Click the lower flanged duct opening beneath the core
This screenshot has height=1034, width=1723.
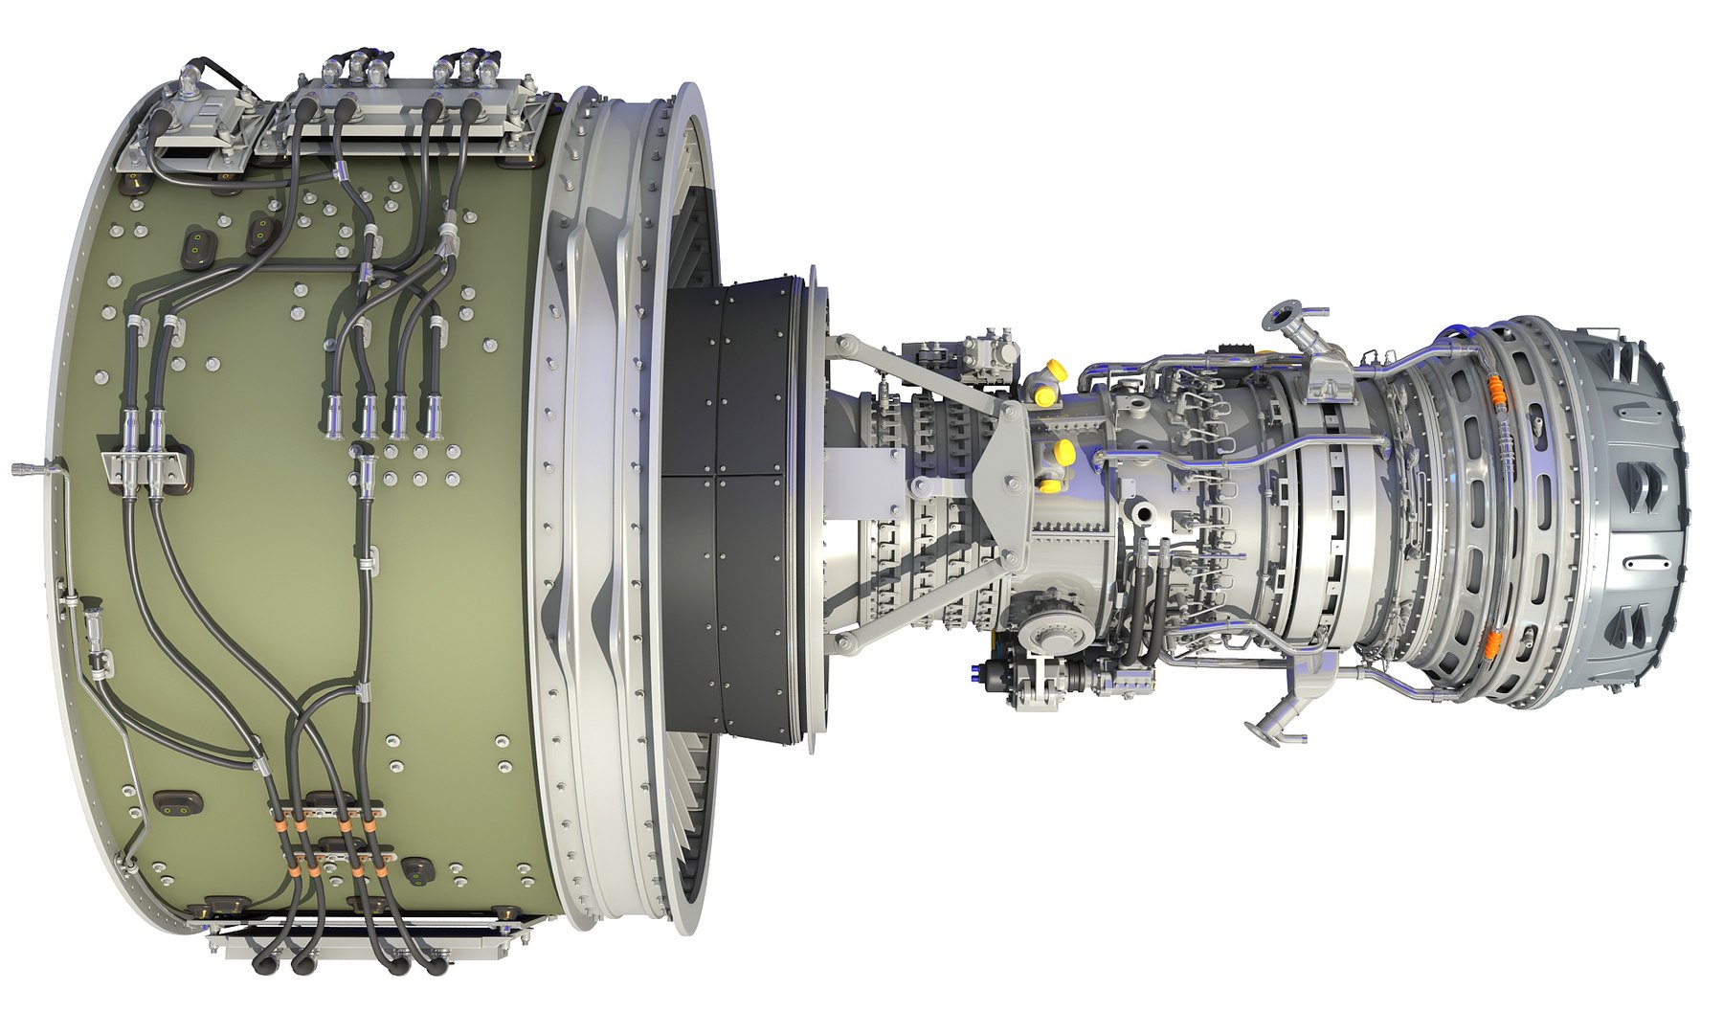(1261, 728)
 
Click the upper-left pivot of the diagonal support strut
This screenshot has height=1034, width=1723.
(844, 342)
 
